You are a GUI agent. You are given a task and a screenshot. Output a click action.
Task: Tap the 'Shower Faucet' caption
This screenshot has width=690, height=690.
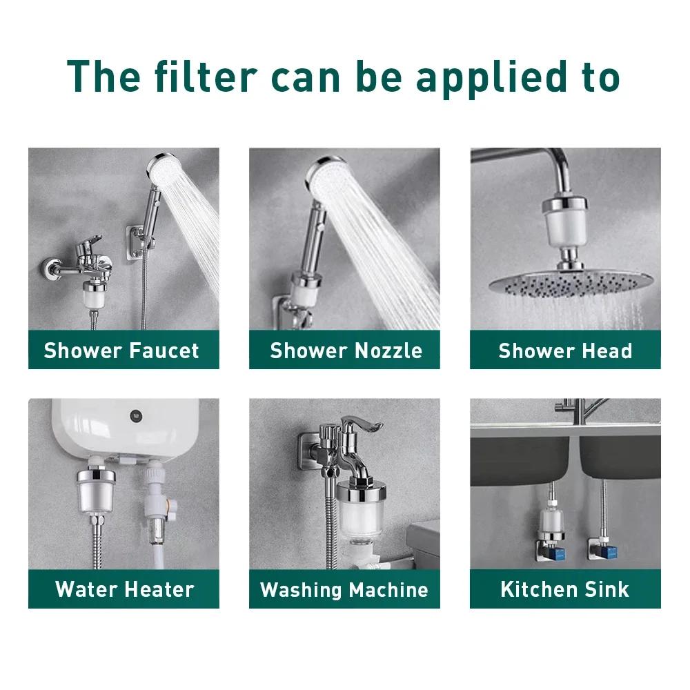[x=121, y=351]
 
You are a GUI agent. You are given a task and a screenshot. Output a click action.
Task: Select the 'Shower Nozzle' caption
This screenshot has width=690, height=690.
[x=346, y=351]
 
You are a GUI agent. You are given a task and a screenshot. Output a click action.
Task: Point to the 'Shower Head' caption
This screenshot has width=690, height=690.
[x=565, y=351]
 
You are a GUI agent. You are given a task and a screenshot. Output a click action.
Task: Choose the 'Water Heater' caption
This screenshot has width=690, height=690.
[x=124, y=589]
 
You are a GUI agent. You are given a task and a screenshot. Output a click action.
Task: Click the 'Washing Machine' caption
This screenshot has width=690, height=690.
[x=344, y=590]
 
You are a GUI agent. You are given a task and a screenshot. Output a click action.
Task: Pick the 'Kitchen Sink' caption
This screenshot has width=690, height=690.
[x=565, y=589]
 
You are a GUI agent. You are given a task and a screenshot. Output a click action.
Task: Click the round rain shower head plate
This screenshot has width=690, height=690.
[x=571, y=283]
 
